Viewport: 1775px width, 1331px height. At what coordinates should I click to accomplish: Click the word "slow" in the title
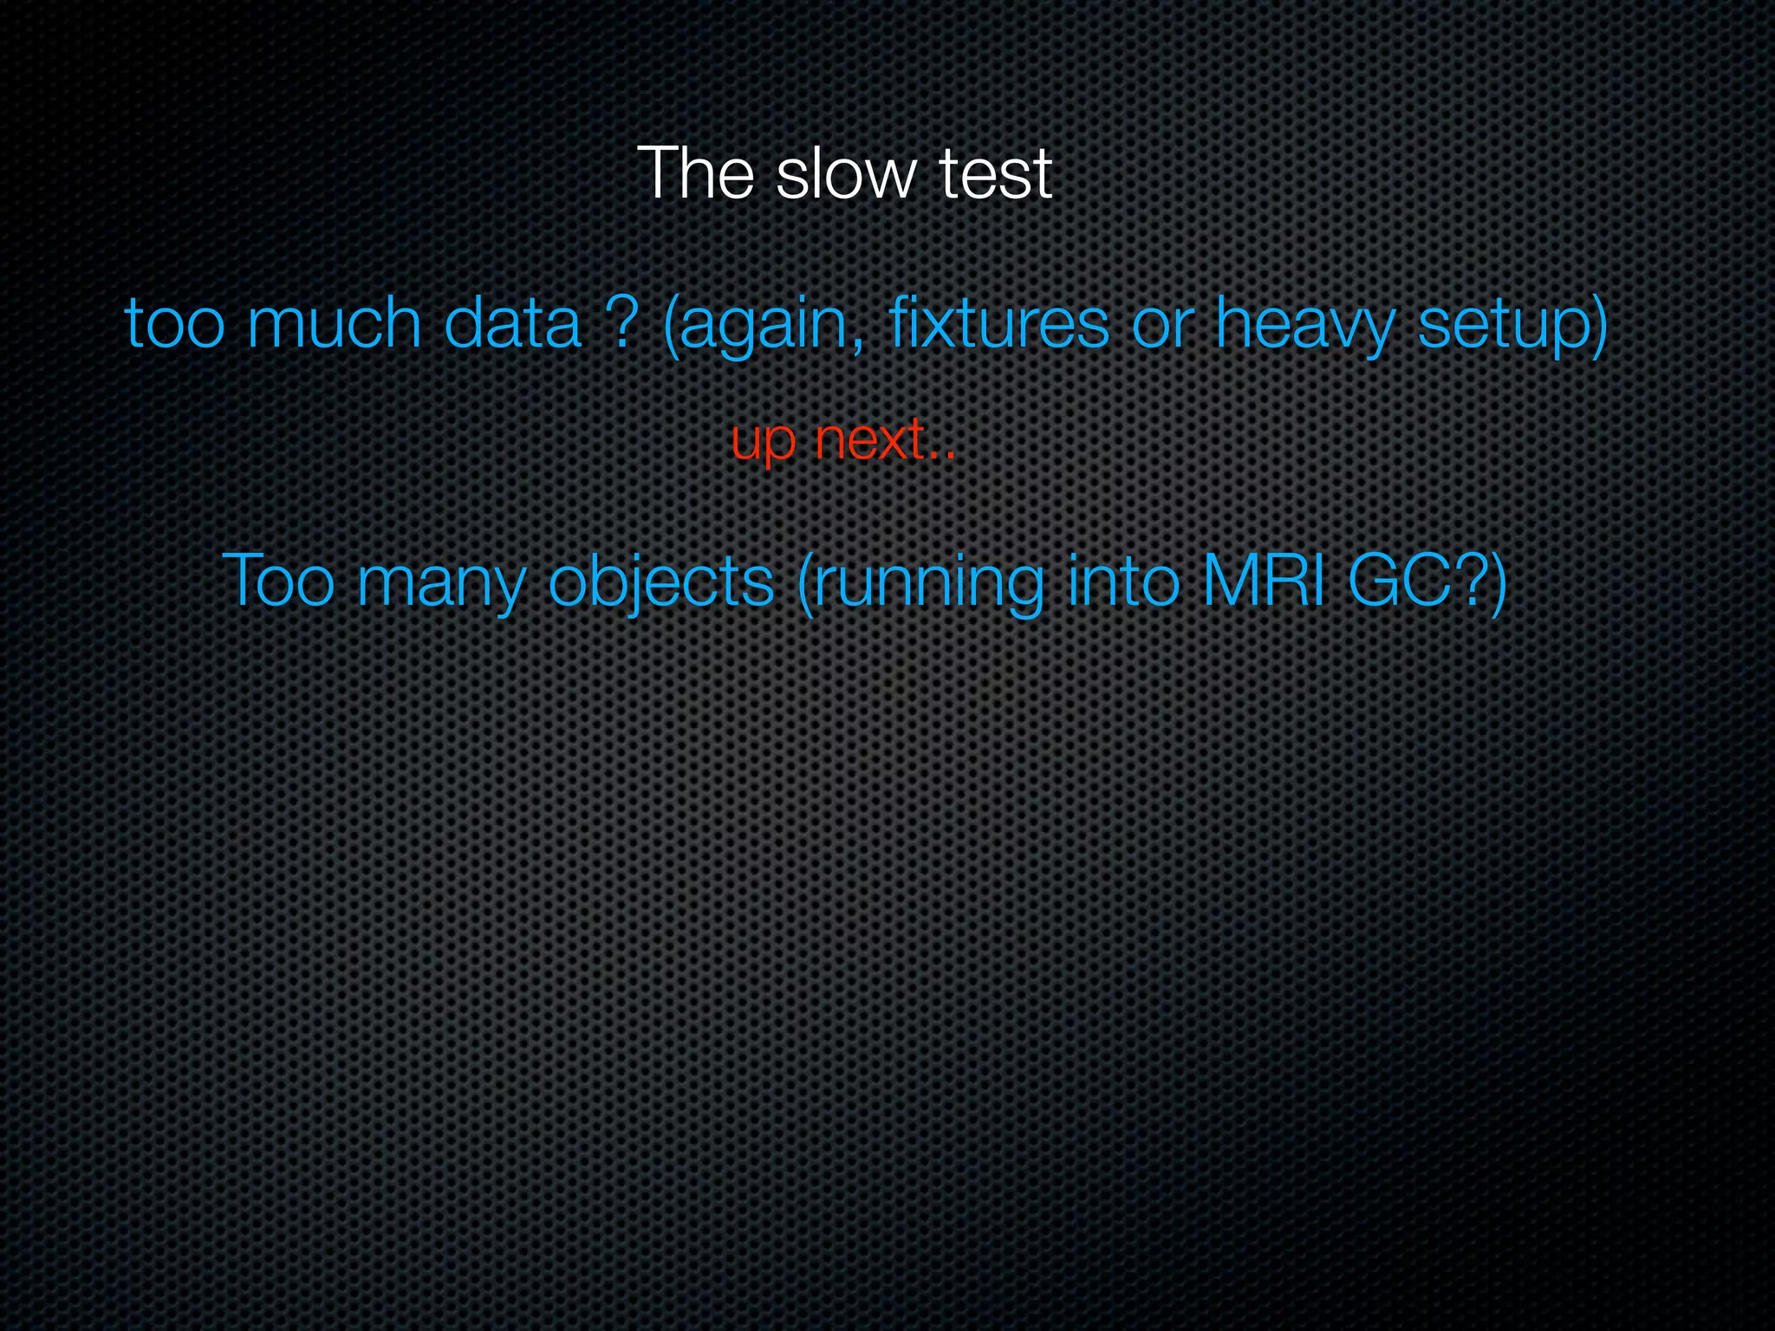[846, 174]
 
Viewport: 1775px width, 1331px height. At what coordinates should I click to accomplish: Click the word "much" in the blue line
[334, 324]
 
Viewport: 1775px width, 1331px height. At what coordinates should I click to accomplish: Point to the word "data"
[512, 324]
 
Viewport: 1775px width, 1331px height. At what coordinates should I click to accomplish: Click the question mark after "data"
[621, 324]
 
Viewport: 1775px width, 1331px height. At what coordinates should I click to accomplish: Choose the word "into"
[1124, 581]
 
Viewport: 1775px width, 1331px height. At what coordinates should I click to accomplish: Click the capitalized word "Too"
[278, 581]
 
